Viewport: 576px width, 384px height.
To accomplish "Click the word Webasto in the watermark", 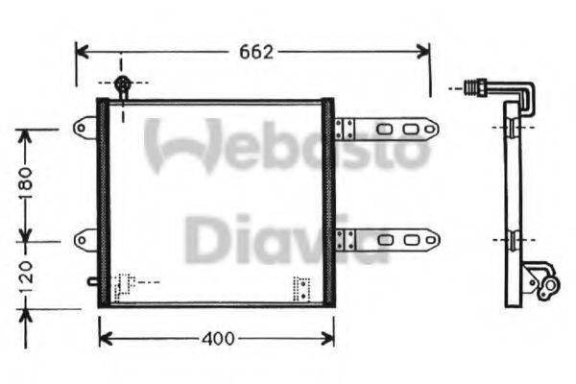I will (288, 146).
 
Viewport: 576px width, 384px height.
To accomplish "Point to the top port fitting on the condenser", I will (122, 86).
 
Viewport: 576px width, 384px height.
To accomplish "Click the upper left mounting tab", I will (86, 125).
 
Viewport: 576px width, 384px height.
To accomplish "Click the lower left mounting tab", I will (86, 236).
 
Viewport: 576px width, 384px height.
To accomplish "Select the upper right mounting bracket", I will (389, 129).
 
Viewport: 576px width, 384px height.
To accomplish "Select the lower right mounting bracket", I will (389, 238).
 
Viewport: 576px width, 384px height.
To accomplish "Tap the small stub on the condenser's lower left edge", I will (91, 281).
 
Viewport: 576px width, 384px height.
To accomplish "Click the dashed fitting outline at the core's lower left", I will (124, 286).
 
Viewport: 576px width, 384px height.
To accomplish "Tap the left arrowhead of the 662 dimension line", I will (81, 51).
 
